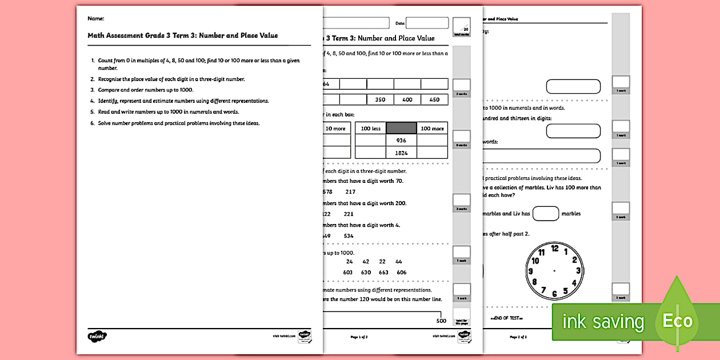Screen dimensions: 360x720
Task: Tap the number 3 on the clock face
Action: click(578, 271)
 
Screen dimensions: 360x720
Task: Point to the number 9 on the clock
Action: click(531, 271)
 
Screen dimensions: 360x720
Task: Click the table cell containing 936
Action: click(401, 140)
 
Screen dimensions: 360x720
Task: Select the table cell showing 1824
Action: click(401, 153)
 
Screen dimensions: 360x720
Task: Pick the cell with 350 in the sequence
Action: click(380, 99)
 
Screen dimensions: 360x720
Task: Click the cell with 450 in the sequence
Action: click(434, 99)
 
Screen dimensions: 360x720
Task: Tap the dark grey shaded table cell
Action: click(401, 128)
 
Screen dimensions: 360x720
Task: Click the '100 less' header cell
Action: click(370, 128)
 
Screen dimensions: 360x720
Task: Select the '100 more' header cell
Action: click(432, 128)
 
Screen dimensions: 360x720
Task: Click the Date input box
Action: click(427, 23)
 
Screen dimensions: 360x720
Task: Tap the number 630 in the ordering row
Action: click(366, 273)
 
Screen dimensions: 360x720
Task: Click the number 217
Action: click(350, 191)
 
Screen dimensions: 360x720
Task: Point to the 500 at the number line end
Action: click(441, 320)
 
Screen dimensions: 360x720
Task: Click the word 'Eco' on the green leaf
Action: click(677, 320)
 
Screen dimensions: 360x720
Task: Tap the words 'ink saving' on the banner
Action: click(603, 322)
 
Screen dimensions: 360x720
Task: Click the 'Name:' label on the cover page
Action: click(95, 19)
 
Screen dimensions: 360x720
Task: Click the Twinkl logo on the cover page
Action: click(98, 336)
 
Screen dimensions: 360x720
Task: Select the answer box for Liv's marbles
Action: click(545, 214)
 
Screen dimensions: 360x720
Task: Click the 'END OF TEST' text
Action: click(507, 318)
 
